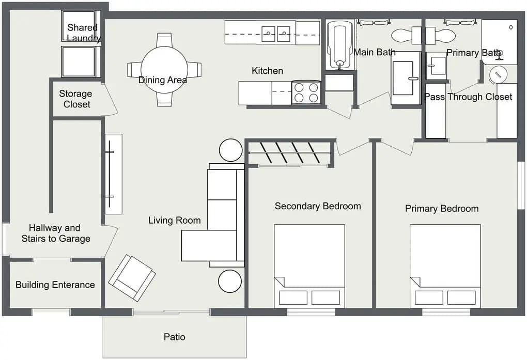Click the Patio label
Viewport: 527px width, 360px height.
(174, 337)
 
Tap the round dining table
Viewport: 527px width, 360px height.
(164, 70)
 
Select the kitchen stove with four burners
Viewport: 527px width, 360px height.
(306, 93)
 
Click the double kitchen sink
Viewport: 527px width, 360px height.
(276, 34)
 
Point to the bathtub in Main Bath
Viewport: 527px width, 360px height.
(339, 44)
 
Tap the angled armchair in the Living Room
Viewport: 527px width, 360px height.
(132, 278)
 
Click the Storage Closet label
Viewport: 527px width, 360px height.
(75, 99)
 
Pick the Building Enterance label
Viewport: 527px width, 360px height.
(55, 285)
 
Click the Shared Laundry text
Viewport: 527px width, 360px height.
(83, 33)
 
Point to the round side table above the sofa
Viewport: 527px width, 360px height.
(230, 150)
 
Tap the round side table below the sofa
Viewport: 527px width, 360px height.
(230, 281)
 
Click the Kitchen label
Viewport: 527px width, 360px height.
(267, 71)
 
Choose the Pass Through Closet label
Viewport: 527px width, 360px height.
(468, 97)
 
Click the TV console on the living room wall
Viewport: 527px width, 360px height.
(113, 174)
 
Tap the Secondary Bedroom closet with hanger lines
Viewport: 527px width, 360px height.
(289, 154)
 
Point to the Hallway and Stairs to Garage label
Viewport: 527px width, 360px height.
(55, 233)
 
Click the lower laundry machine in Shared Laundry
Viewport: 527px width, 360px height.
(79, 62)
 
